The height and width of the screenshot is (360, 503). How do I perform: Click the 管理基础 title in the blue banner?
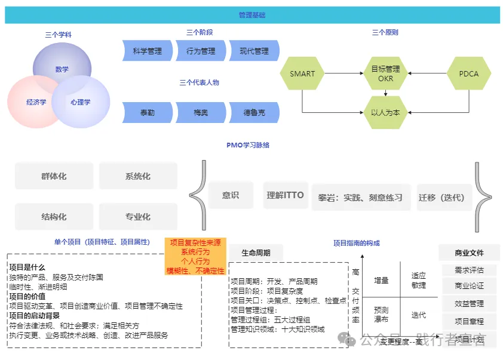coord(251,15)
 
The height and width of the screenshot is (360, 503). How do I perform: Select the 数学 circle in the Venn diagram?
coord(62,69)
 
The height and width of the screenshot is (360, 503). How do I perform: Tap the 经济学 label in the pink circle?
coord(36,102)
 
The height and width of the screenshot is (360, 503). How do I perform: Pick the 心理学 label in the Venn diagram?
coord(81,102)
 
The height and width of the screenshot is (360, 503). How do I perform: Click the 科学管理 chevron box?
coord(147,51)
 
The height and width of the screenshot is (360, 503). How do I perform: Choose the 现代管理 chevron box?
coord(254,51)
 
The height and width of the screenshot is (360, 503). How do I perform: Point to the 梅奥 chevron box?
coord(200,112)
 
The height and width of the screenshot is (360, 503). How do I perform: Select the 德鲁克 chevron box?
coord(254,112)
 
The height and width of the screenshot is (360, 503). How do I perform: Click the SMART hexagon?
coord(302,74)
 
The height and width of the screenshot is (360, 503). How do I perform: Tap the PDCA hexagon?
coord(468,74)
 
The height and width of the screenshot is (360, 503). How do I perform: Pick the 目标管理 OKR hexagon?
coord(385,73)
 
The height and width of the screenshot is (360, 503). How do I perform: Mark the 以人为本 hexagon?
coord(385,112)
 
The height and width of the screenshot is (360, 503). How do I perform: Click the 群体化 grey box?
coord(54,177)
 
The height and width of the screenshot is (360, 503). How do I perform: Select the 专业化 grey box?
coord(138,217)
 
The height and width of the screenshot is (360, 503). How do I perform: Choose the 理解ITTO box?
coord(285,195)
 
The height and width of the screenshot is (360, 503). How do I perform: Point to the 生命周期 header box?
coord(256,253)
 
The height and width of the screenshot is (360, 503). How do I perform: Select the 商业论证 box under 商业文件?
coord(469,286)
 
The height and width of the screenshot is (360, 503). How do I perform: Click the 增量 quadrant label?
coord(381,280)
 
